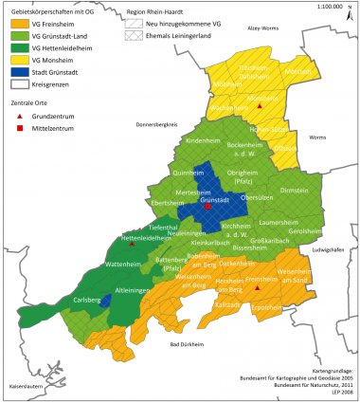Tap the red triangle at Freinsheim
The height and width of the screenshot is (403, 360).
(x=257, y=287)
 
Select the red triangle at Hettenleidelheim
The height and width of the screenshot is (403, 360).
(x=132, y=243)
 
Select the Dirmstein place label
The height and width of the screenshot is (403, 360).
(x=295, y=190)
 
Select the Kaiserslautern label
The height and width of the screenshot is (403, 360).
(x=27, y=387)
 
